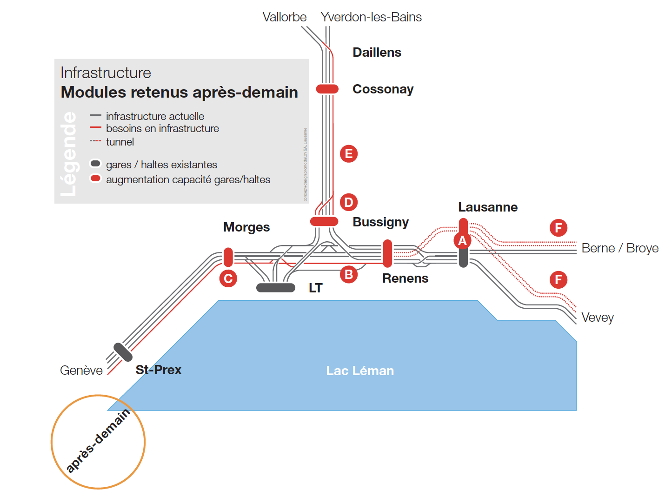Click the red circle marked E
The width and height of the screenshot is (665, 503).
(349, 154)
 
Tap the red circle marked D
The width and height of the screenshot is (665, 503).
(349, 202)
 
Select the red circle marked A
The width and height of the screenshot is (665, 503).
(462, 241)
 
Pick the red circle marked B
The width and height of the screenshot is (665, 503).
(348, 275)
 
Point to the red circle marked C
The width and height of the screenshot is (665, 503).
(228, 278)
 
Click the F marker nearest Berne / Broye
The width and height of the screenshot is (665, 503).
(558, 228)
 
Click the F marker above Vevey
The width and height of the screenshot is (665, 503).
(558, 280)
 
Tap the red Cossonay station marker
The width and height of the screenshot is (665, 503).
(327, 89)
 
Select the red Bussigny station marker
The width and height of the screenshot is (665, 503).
(324, 221)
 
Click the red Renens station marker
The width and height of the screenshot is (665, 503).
(387, 253)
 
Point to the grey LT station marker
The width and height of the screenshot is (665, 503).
(276, 288)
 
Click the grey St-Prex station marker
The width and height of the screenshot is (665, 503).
(123, 352)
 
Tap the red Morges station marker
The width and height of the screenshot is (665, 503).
(228, 257)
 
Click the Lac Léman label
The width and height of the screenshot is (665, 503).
(360, 371)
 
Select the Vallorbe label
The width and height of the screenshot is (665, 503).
(285, 17)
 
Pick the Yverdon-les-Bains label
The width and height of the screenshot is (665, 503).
(371, 17)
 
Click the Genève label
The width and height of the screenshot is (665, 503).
(81, 371)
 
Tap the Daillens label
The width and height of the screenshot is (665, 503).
(377, 52)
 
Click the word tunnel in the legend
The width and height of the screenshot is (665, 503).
(120, 142)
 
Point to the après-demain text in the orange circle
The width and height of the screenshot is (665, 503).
(98, 441)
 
